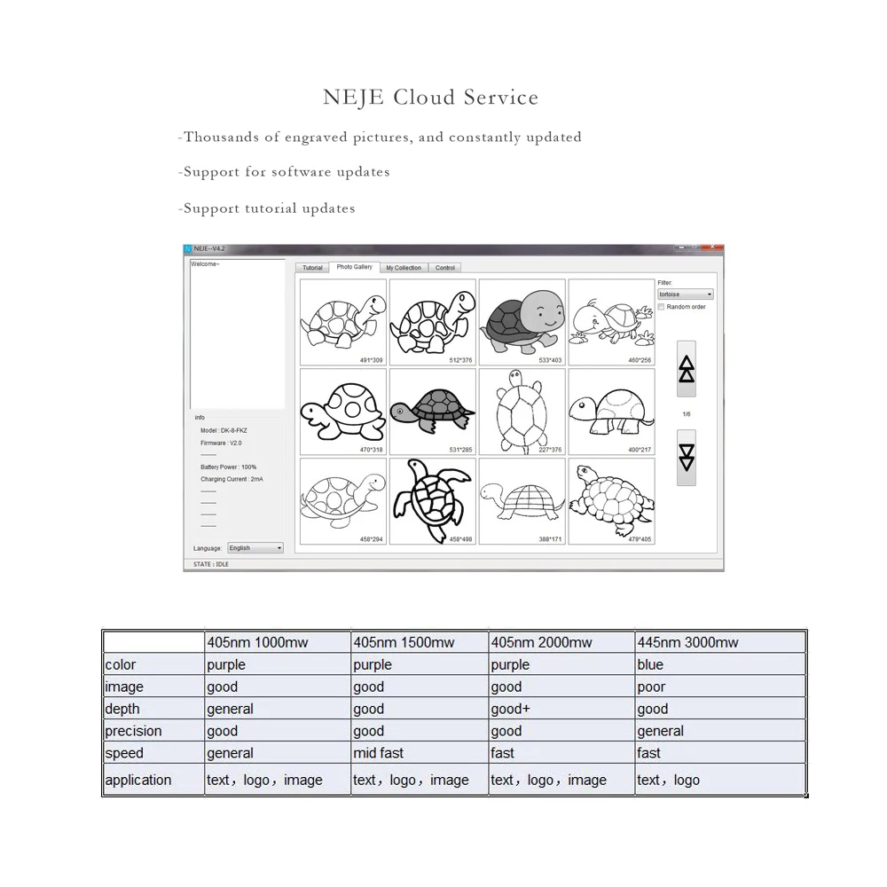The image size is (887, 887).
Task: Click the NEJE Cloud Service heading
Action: (x=430, y=97)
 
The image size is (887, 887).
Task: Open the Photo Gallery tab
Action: (x=355, y=267)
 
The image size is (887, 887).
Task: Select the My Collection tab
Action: (x=404, y=267)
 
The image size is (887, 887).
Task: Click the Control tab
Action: (x=445, y=267)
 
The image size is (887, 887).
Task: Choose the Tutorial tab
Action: (x=312, y=267)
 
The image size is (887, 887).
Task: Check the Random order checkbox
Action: (x=662, y=307)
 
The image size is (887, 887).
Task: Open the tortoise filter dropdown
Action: (x=685, y=294)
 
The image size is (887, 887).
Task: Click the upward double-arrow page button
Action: (x=687, y=368)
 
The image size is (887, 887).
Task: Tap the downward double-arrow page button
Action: (x=687, y=457)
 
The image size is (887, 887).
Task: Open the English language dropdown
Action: (x=255, y=548)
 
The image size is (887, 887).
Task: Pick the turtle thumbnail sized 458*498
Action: (x=433, y=500)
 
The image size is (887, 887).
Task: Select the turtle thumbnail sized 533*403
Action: (x=522, y=322)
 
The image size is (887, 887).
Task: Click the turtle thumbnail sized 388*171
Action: (x=522, y=500)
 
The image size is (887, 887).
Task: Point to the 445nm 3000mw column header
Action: (x=687, y=642)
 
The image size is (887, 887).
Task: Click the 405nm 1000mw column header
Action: (x=256, y=642)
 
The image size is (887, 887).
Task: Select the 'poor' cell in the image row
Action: (x=651, y=687)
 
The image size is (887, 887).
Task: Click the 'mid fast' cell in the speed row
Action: (x=378, y=753)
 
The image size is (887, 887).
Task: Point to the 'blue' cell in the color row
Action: (x=650, y=664)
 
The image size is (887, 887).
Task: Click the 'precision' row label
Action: (x=133, y=731)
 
